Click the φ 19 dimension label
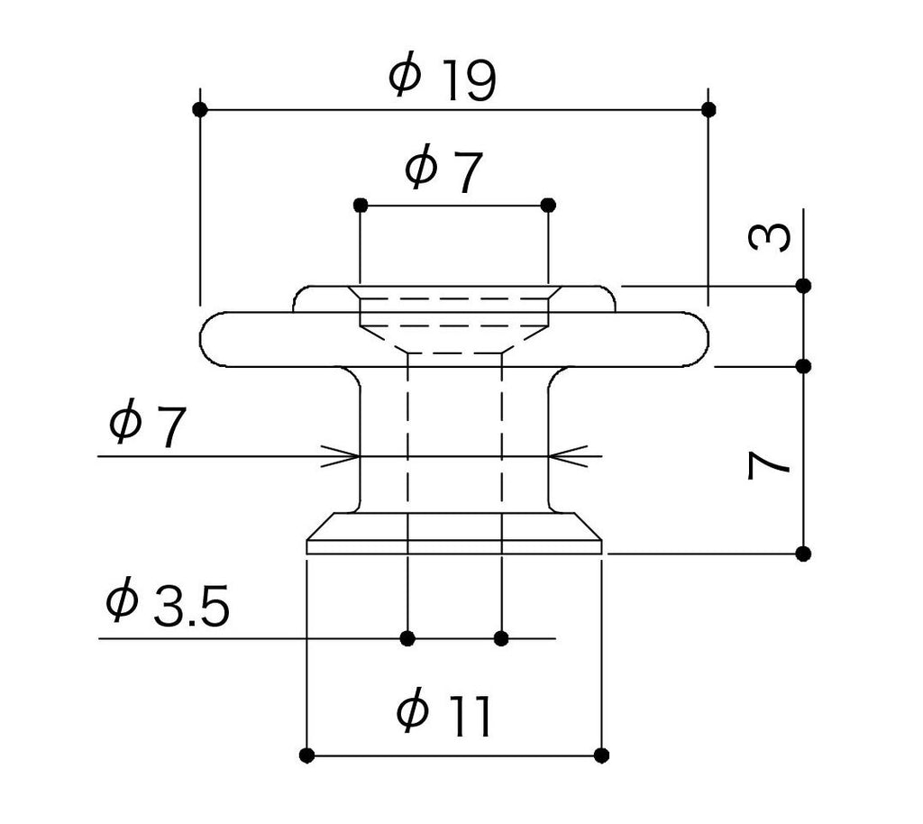pyautogui.click(x=443, y=79)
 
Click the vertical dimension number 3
pyautogui.click(x=770, y=236)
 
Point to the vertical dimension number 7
pyautogui.click(x=769, y=464)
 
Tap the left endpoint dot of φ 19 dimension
pyautogui.click(x=200, y=109)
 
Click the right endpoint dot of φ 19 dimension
pyautogui.click(x=708, y=109)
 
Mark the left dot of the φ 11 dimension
pyautogui.click(x=306, y=755)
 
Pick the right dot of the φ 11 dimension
pyautogui.click(x=601, y=755)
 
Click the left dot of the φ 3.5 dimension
pyautogui.click(x=407, y=638)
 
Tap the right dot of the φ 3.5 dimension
pyautogui.click(x=501, y=638)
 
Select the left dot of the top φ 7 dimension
pyautogui.click(x=361, y=206)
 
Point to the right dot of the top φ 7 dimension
pyautogui.click(x=548, y=206)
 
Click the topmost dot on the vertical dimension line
pyautogui.click(x=803, y=286)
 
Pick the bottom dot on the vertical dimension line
pyautogui.click(x=803, y=554)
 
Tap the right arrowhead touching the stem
pyautogui.click(x=568, y=456)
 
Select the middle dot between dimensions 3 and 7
pyautogui.click(x=803, y=367)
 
